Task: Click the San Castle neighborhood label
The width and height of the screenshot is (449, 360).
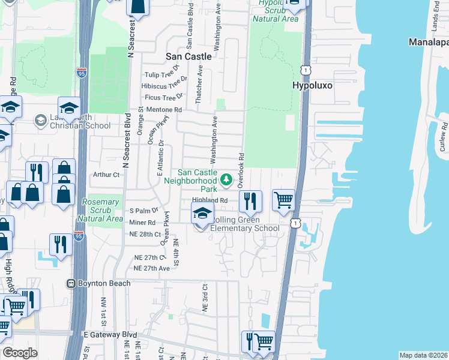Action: click(188, 56)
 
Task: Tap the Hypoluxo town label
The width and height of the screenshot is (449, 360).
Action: click(312, 86)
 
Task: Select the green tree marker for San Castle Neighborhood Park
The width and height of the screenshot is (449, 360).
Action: click(226, 179)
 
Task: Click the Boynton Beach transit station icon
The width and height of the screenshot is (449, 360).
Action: click(71, 283)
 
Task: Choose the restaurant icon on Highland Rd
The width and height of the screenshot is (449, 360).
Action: click(250, 200)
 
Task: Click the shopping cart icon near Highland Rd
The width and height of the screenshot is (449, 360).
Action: click(283, 200)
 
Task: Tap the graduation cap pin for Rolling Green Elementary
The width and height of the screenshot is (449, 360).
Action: click(203, 213)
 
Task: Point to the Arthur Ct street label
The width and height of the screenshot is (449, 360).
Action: click(104, 175)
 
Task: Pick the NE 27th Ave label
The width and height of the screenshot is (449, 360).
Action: click(152, 268)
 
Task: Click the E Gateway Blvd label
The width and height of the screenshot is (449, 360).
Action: click(109, 334)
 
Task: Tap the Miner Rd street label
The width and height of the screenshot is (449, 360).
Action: click(143, 223)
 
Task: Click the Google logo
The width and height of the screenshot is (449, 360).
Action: click(20, 353)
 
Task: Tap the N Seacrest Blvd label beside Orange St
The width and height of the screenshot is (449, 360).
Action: click(127, 139)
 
